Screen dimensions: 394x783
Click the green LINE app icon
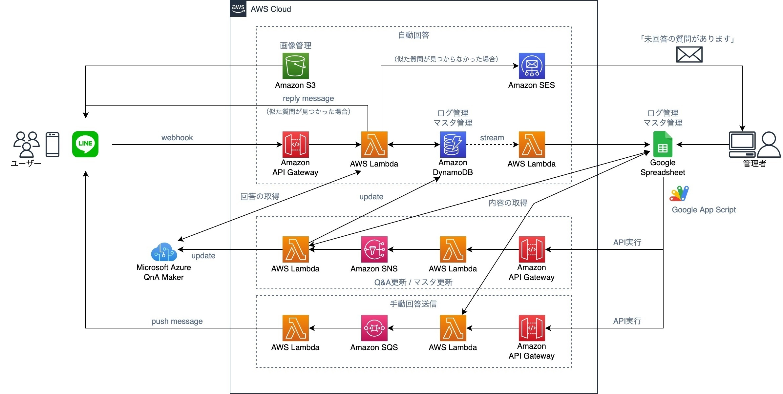[x=85, y=144]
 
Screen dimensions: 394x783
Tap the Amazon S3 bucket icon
[x=295, y=66]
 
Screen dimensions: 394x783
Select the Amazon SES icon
[x=532, y=66]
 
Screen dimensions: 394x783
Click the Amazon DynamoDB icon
[x=453, y=145]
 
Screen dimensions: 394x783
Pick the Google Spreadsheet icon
[x=663, y=145]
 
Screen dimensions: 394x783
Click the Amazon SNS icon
[x=374, y=249]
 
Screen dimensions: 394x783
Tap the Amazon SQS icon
[x=374, y=328]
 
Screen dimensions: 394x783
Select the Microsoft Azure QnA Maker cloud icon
[x=164, y=252]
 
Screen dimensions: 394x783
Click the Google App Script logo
[x=679, y=193]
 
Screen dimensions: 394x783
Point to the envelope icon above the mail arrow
[x=689, y=54]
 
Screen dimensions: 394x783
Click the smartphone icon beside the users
[x=53, y=145]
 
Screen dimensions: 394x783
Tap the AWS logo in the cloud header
[x=238, y=9]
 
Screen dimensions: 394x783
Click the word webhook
[x=177, y=138]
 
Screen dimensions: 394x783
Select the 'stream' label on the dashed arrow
[x=492, y=138]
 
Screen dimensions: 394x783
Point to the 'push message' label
[x=177, y=321]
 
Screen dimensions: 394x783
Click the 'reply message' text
[x=308, y=98]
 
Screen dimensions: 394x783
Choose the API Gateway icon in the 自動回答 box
[x=295, y=145]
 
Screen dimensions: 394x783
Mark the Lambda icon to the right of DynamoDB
[x=532, y=145]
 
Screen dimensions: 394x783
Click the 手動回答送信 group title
[x=413, y=304]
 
